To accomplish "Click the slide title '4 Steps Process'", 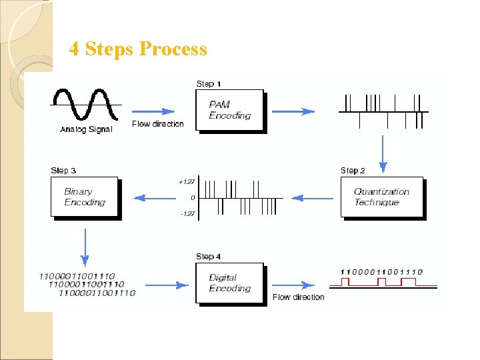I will pyautogui.click(x=138, y=49).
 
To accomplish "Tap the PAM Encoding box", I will pyautogui.click(x=229, y=111).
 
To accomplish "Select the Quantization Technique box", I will pyautogui.click(x=381, y=197).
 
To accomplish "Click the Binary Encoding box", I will pyautogui.click(x=84, y=197).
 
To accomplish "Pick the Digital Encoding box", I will pyautogui.click(x=229, y=283).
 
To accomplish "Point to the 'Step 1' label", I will pyautogui.click(x=209, y=84).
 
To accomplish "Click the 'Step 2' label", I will pyautogui.click(x=353, y=171).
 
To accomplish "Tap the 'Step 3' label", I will pyautogui.click(x=63, y=171).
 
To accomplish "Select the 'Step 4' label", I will pyautogui.click(x=209, y=257).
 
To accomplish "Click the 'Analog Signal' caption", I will pyautogui.click(x=86, y=129).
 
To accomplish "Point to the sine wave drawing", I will pyautogui.click(x=87, y=105).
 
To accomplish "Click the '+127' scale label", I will pyautogui.click(x=187, y=181).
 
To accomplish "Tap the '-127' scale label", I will pyautogui.click(x=187, y=214).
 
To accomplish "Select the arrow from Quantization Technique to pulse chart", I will pyautogui.click(x=312, y=198).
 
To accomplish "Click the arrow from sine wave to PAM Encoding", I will pyautogui.click(x=153, y=111).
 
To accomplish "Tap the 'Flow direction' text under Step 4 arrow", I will pyautogui.click(x=298, y=297).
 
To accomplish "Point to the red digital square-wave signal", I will pyautogui.click(x=383, y=283).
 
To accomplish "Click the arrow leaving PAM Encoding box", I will pyautogui.click(x=297, y=111).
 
